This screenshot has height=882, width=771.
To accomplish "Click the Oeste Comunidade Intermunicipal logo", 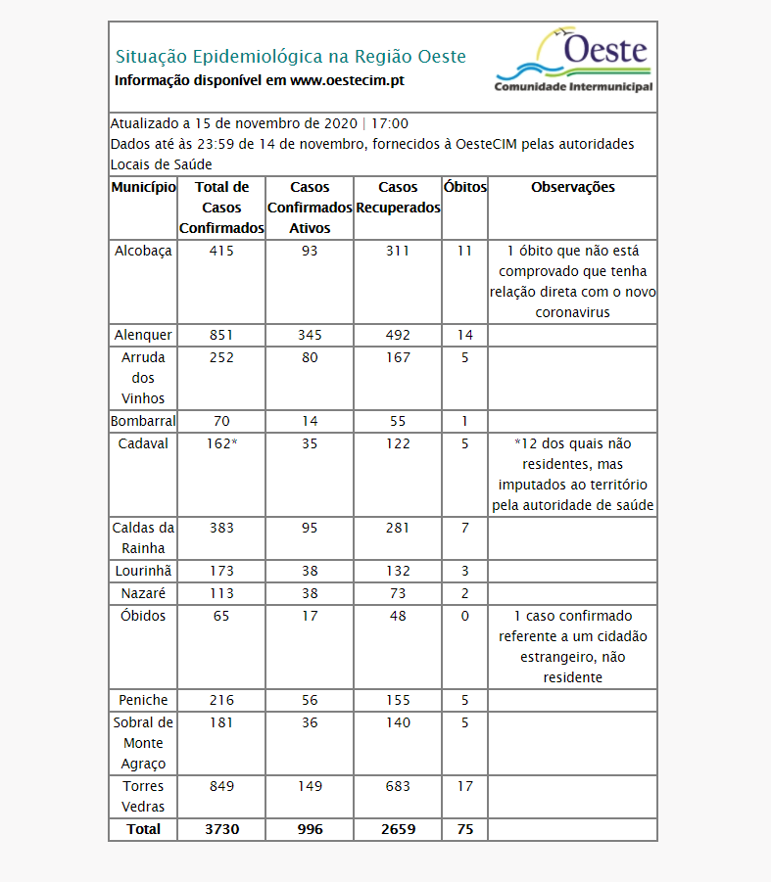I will click(x=573, y=61).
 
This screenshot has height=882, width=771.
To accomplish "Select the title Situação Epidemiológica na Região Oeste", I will click(x=291, y=56).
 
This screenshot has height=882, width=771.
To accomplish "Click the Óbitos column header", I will click(x=464, y=187).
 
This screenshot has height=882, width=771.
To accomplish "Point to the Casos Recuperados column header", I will click(x=398, y=197).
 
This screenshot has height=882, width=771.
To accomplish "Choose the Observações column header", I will click(x=573, y=187).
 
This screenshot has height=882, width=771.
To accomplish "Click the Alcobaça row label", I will click(x=143, y=251).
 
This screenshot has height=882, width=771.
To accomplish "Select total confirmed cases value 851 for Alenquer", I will click(x=221, y=335).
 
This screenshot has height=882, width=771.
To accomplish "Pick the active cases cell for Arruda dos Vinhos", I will click(x=310, y=357).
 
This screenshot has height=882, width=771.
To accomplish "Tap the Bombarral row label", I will click(x=143, y=421).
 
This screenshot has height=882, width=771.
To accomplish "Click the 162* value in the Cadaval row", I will click(x=221, y=443).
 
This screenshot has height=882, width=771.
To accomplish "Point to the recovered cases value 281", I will click(x=398, y=528).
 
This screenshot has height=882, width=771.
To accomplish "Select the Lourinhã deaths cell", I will click(x=464, y=570).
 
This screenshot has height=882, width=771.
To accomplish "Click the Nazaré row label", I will click(x=143, y=592).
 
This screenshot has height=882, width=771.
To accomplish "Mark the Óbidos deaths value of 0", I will click(x=464, y=616).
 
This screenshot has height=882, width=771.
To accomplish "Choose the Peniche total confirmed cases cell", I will click(x=221, y=700).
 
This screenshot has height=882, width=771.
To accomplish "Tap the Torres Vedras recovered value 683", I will click(x=398, y=786).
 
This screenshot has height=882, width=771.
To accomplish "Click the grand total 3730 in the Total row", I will click(x=221, y=829).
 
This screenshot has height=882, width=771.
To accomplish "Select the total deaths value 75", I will click(x=464, y=829).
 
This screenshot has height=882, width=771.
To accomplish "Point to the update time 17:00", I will click(x=390, y=124).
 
